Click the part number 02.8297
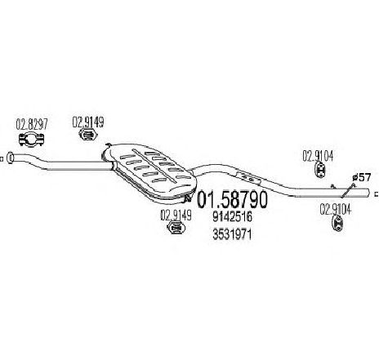pos(32,124)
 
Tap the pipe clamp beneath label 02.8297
pos(32,139)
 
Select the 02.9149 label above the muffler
pos(88,122)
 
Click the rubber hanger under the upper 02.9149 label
pos(88,135)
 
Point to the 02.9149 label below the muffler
pos(176,216)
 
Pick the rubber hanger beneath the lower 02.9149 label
pos(176,228)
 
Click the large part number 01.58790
pos(232,199)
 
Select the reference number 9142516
pos(232,217)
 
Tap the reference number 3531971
pos(232,234)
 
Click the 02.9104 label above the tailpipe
pos(318,156)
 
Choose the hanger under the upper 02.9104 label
pos(320,170)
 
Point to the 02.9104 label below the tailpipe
pos(335,210)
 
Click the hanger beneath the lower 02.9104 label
pos(337,224)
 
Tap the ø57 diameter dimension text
pos(361,178)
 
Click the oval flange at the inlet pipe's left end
pos(10,158)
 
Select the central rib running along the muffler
pos(154,166)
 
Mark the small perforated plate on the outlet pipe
pos(247,177)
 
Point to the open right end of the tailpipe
pos(369,193)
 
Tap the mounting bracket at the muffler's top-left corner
pos(107,146)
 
